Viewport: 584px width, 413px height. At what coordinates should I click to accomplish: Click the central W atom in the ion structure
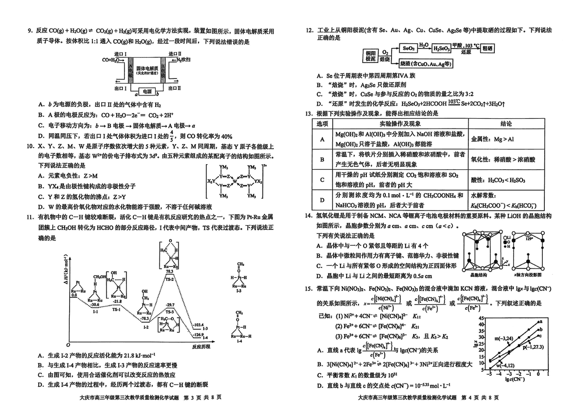234,181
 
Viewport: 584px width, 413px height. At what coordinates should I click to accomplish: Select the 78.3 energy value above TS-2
169,271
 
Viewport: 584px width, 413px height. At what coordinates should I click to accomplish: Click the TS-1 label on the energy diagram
117,309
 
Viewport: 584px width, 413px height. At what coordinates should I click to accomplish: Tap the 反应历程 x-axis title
201,346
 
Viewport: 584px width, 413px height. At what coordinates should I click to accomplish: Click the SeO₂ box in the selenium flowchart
408,48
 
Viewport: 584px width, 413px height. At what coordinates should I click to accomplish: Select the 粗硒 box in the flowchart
487,48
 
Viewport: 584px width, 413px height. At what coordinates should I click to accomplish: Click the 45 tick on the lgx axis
481,319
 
